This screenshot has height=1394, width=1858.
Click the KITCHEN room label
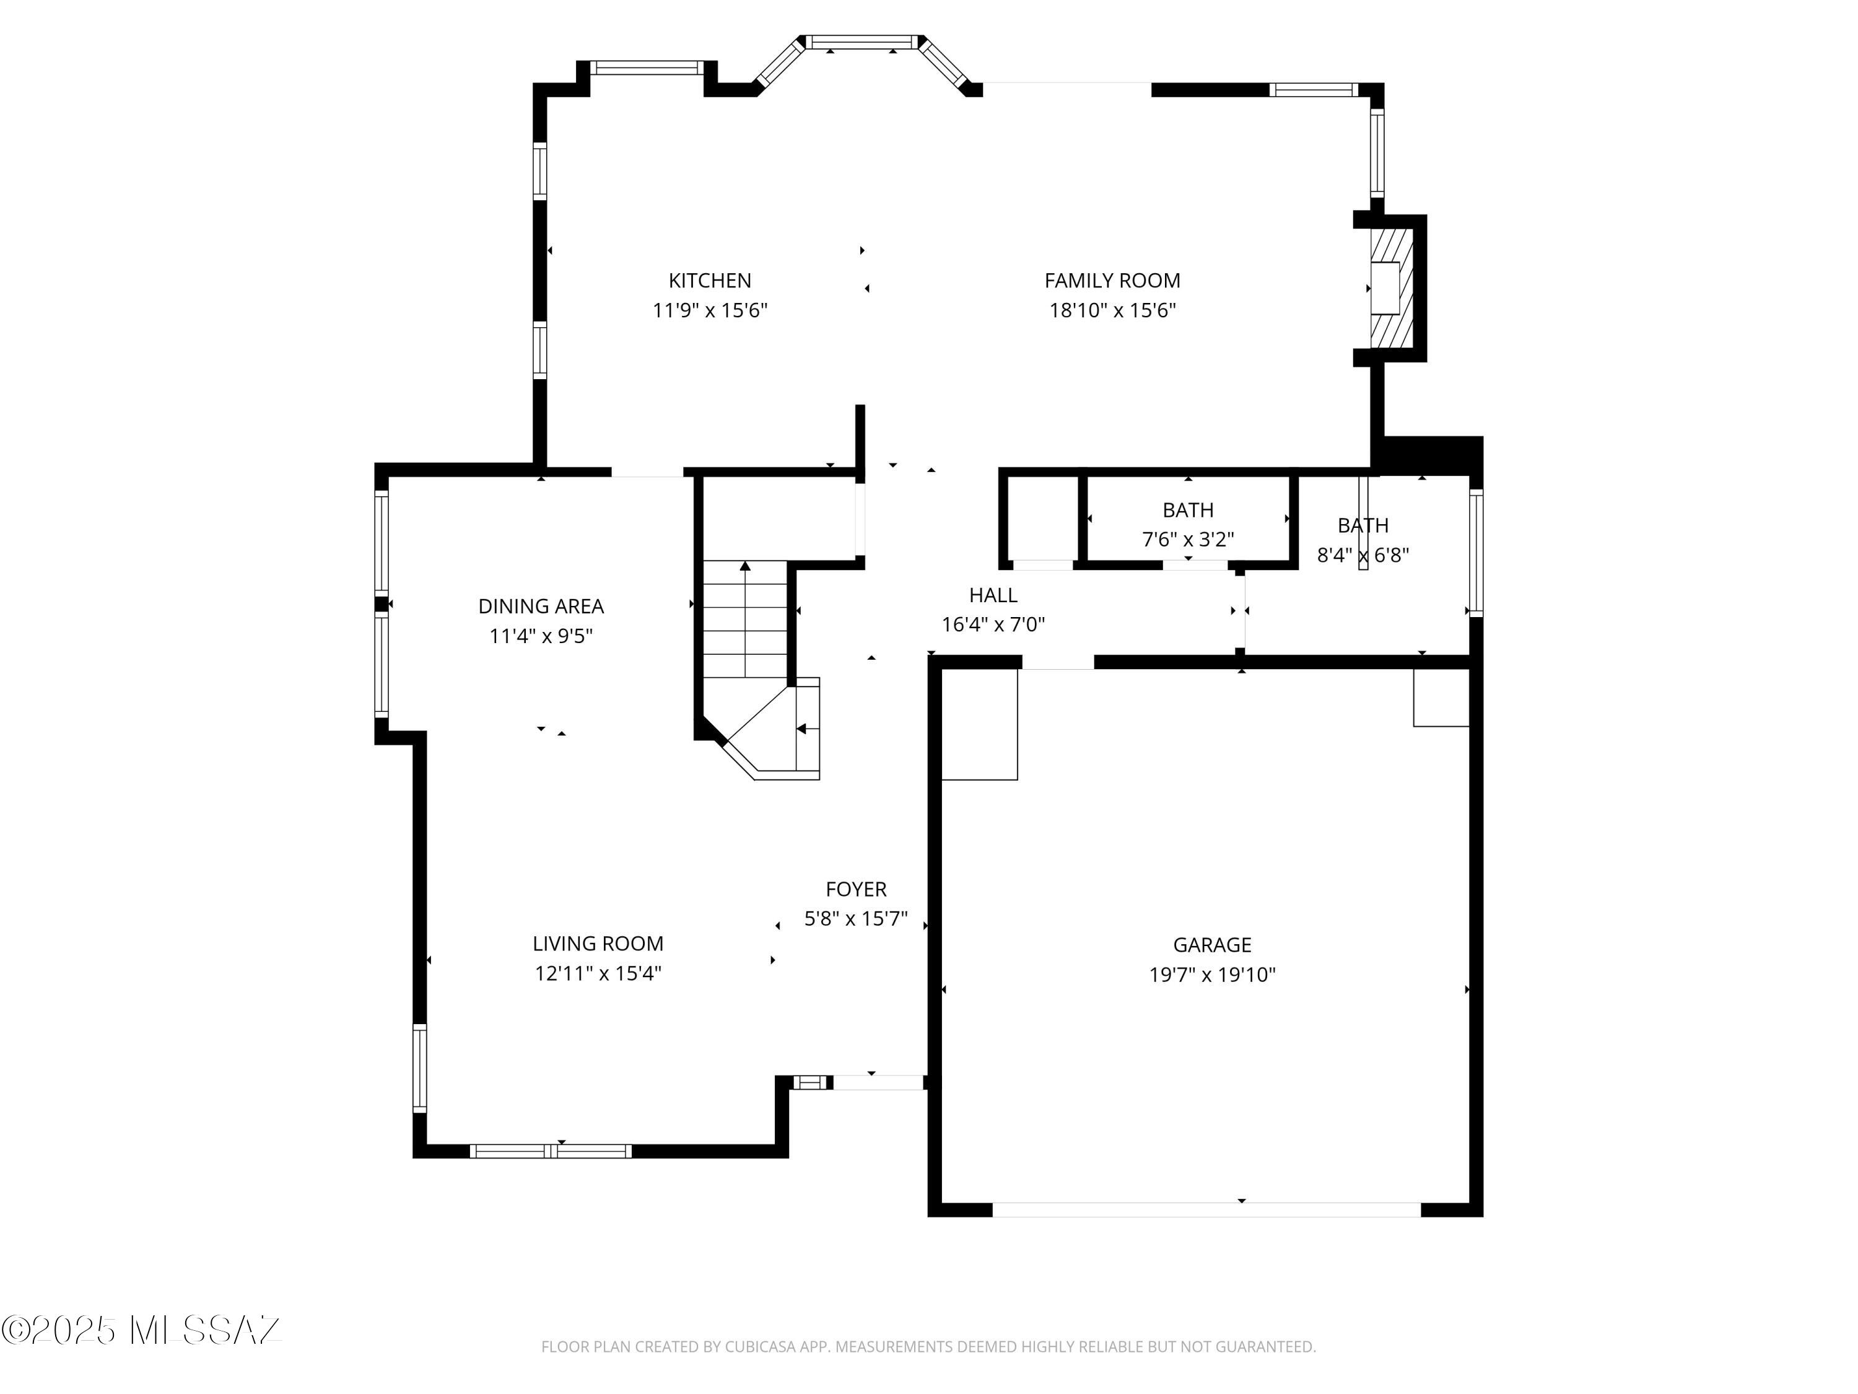[x=709, y=281]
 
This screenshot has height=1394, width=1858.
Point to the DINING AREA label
[x=540, y=606]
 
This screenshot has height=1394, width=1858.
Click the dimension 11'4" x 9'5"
[x=540, y=636]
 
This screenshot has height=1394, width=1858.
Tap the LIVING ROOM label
[x=597, y=944]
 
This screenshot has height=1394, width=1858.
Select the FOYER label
[x=855, y=889]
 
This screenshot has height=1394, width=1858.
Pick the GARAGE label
[x=1211, y=945]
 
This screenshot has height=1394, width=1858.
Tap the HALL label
[x=993, y=595]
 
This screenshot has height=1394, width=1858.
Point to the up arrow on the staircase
[x=744, y=567]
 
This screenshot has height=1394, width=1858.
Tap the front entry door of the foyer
[x=878, y=1083]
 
